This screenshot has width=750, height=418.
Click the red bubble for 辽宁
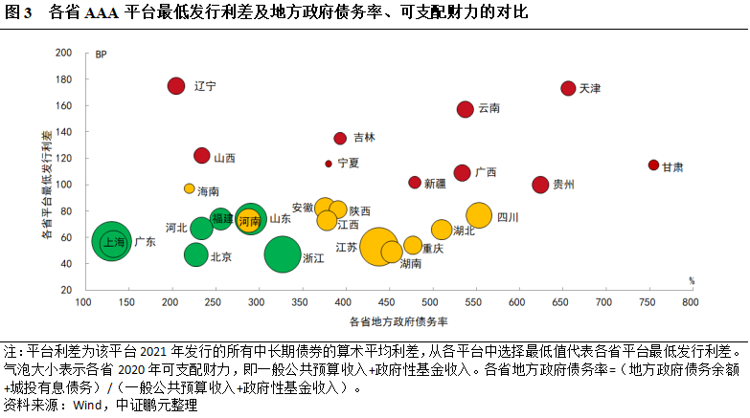tap(176, 86)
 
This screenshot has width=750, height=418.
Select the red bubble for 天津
tap(568, 88)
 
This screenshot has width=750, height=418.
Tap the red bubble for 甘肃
tap(653, 165)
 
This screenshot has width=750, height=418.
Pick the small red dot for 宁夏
tap(329, 164)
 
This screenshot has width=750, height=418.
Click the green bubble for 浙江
tap(283, 255)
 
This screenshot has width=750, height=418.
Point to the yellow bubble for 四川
tap(479, 216)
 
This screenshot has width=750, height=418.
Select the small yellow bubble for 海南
tap(190, 188)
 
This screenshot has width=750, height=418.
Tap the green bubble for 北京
tap(196, 254)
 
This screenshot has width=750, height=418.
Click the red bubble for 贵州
tap(540, 185)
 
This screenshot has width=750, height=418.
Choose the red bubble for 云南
tap(466, 109)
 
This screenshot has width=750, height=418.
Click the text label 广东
tap(145, 243)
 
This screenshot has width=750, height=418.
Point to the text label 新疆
tap(435, 183)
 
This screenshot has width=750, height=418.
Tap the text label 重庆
tap(433, 248)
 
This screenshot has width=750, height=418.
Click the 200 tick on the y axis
tap(64, 54)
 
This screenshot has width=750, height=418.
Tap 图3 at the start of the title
tap(20, 12)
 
